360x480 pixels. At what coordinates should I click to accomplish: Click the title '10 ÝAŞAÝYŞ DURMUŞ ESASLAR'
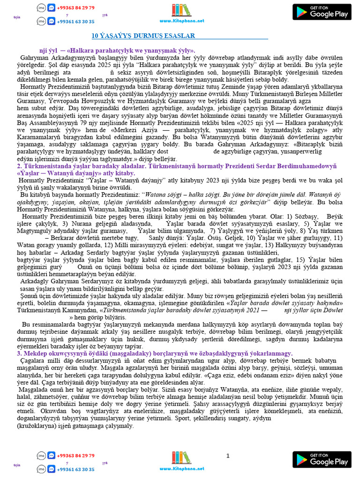142,36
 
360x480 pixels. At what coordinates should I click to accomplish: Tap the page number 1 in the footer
228,456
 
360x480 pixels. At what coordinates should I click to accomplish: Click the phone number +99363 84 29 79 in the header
75,8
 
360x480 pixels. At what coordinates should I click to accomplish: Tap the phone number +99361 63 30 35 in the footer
75,469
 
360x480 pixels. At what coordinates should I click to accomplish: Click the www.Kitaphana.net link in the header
181,21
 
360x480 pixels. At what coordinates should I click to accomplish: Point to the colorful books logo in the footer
181,458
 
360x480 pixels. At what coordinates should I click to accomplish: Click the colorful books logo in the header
181,10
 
